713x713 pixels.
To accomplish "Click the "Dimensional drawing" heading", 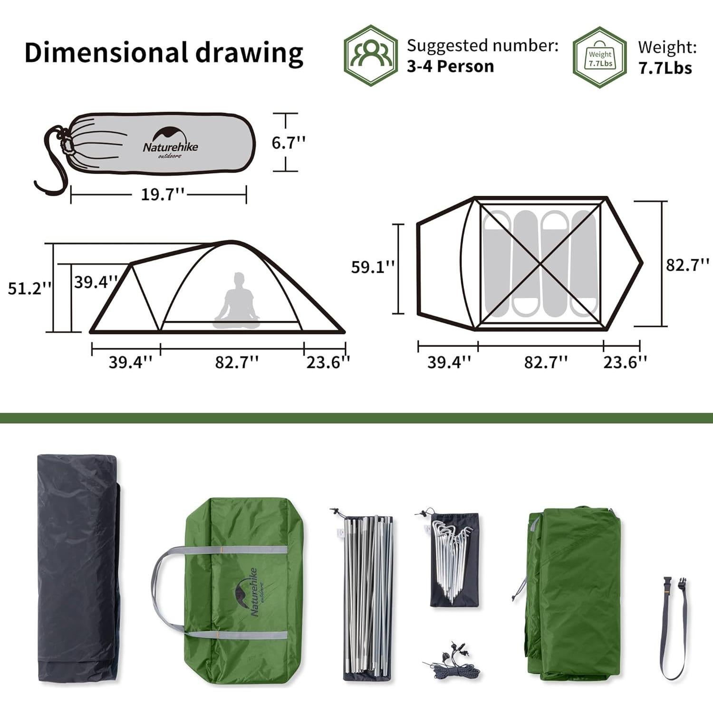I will click(164, 52).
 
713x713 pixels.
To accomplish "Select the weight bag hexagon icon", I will click(600, 57).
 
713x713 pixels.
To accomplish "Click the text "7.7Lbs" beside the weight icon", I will click(665, 68).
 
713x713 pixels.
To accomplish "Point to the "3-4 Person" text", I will click(450, 66).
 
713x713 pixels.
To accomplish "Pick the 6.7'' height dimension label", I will click(288, 142).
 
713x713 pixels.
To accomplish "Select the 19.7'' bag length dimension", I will click(162, 194).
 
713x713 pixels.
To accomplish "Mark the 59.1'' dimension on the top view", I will click(373, 267).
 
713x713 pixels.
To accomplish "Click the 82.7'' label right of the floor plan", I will click(687, 265).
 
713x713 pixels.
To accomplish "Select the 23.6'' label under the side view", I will click(328, 362).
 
